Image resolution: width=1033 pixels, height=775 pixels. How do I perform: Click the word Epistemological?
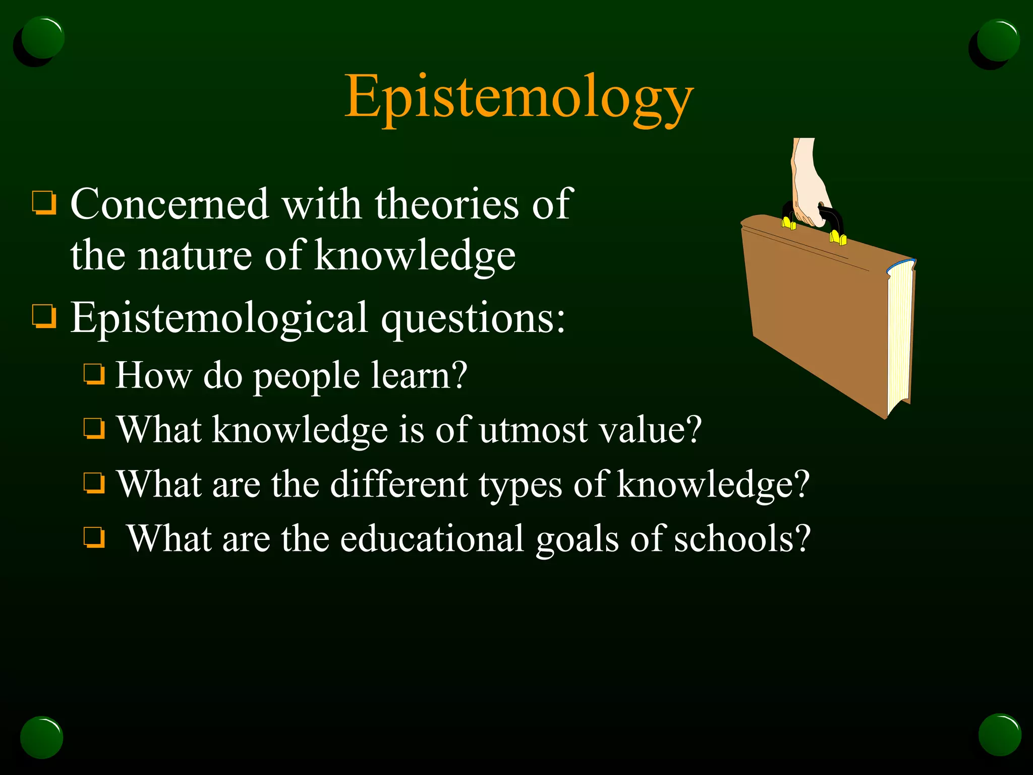[x=219, y=318]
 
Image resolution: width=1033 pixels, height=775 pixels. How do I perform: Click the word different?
[x=398, y=484]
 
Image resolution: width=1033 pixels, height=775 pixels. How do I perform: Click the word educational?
[x=432, y=538]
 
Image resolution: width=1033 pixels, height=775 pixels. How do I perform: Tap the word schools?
[x=742, y=538]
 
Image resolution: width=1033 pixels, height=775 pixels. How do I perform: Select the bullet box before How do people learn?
[x=94, y=374]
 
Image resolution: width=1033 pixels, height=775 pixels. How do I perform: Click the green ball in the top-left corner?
[x=42, y=38]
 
